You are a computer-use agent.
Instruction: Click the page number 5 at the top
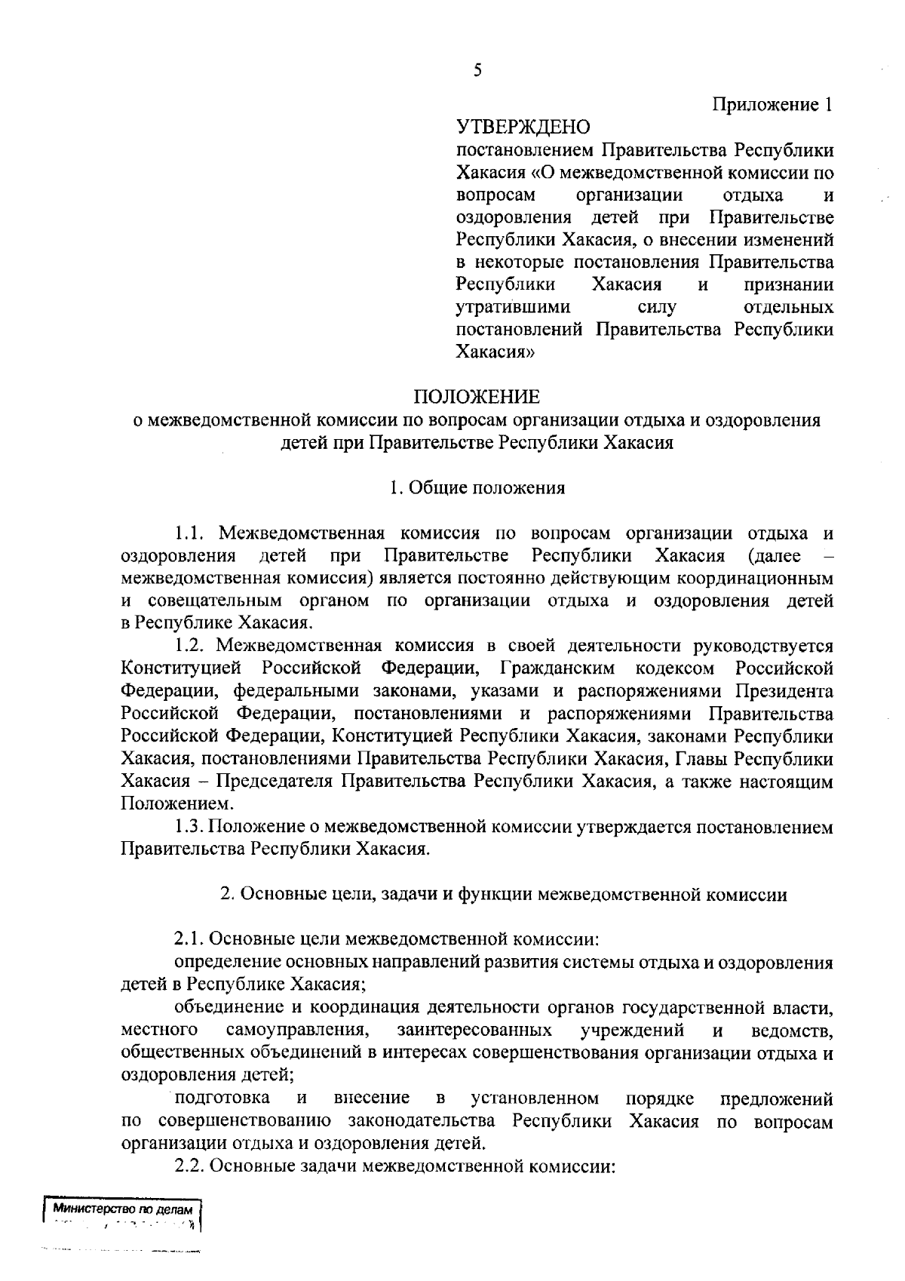pos(477,70)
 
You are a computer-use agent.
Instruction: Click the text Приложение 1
pos(773,105)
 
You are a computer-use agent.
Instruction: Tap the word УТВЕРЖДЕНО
pos(523,127)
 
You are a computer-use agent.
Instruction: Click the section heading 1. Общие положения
pos(477,487)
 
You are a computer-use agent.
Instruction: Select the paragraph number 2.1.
pos(189,939)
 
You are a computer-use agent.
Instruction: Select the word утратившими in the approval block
pos(514,307)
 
